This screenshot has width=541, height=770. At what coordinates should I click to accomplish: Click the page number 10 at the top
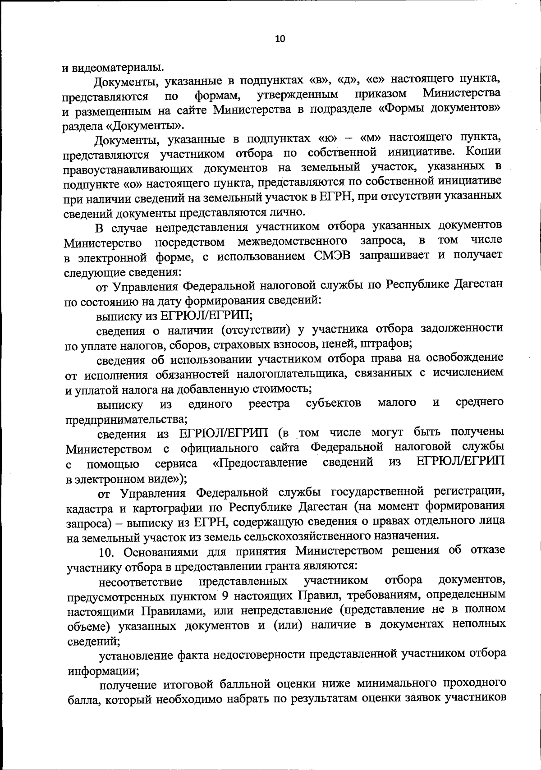click(280, 39)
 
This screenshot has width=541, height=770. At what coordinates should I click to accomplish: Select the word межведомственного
click(292, 241)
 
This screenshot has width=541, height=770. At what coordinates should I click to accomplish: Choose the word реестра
click(269, 403)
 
